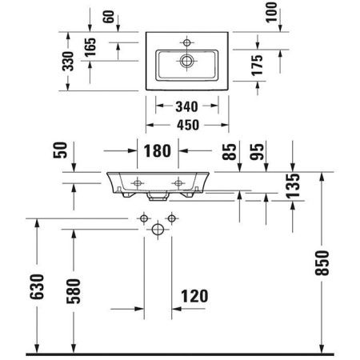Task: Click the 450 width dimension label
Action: [188, 125]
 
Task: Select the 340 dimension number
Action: [186, 106]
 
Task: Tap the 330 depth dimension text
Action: [68, 62]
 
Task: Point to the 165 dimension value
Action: [90, 47]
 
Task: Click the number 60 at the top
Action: [109, 17]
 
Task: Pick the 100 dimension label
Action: [271, 12]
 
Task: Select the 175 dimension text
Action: [257, 66]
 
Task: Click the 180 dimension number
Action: [158, 151]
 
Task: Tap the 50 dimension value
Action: [60, 150]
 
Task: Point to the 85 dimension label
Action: [230, 152]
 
